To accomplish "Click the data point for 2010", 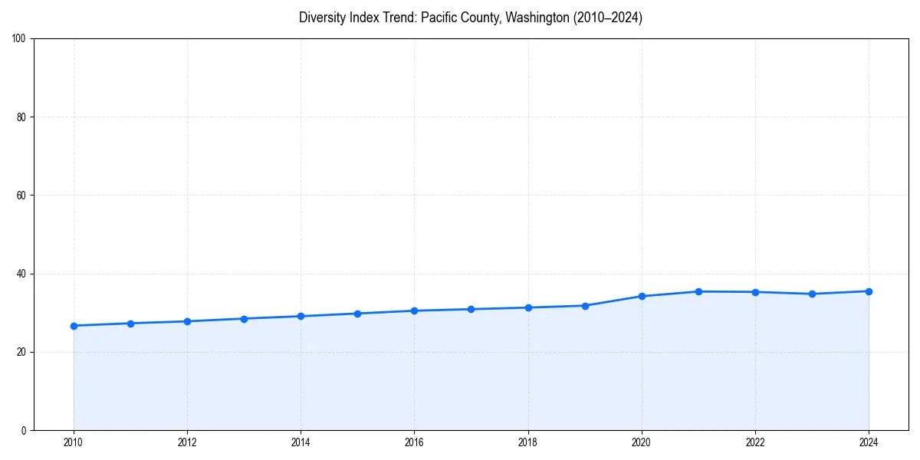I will (x=74, y=326).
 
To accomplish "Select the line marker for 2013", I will (x=244, y=319).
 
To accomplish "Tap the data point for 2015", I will (x=357, y=314).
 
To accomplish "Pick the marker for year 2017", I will (x=471, y=309).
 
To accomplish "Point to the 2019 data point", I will (x=585, y=306).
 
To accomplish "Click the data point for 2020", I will (x=642, y=296).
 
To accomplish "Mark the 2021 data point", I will (x=698, y=291).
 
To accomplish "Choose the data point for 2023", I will (x=812, y=294).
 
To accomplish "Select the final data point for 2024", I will (x=869, y=291).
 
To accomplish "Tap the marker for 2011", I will (x=130, y=324).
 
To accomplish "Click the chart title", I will (x=471, y=18).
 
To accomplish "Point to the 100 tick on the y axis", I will (x=19, y=39).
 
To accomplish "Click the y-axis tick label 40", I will (x=21, y=274).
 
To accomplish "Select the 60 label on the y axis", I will (x=21, y=195).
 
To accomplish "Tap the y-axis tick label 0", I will (x=24, y=430).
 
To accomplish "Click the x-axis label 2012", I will (x=187, y=442).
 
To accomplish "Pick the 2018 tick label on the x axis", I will (x=527, y=442).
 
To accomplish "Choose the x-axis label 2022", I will (x=755, y=442).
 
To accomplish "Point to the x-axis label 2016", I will (x=414, y=442).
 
